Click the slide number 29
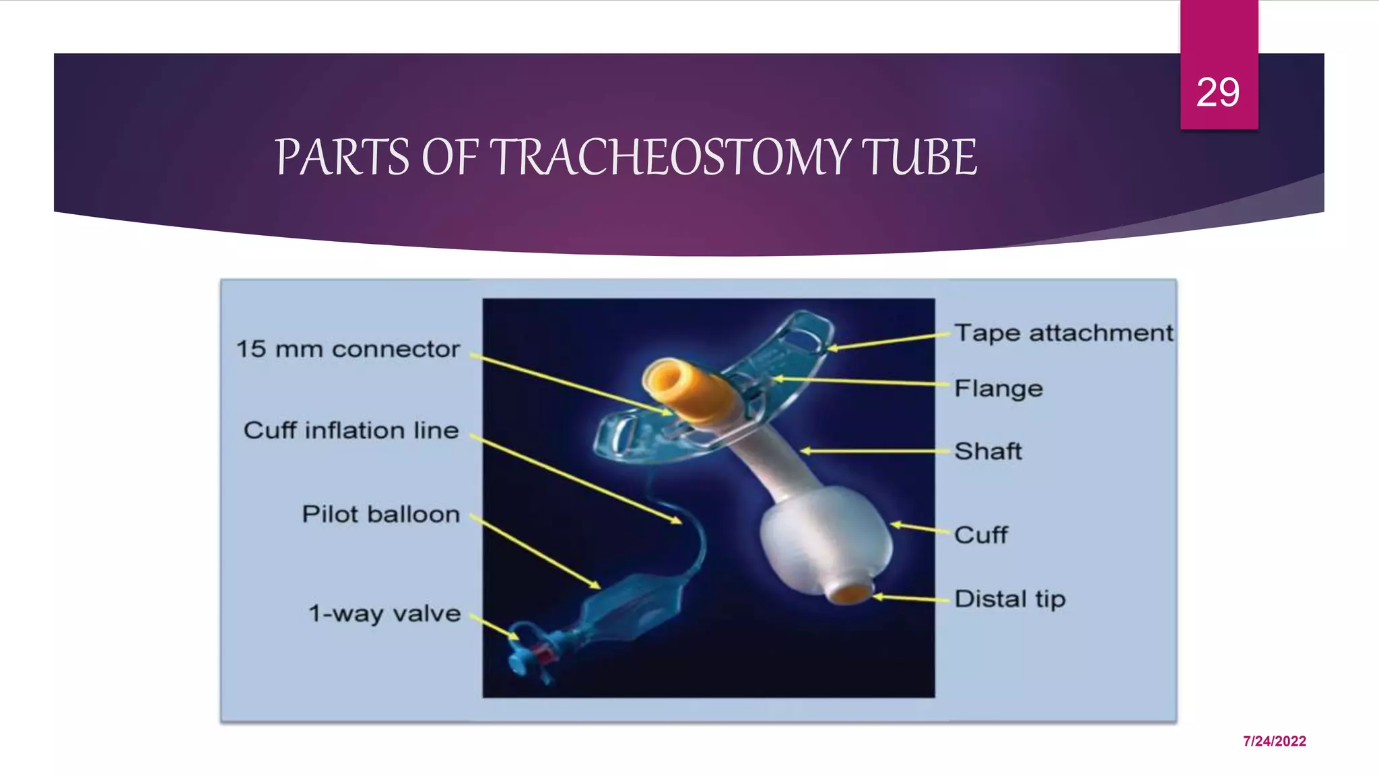click(x=1217, y=92)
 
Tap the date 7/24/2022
click(x=1274, y=741)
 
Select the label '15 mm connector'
click(x=347, y=349)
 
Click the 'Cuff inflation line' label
click(x=351, y=430)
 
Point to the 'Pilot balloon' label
click(x=380, y=515)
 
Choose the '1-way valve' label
click(x=384, y=614)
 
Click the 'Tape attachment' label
click(x=1063, y=333)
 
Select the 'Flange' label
click(x=998, y=389)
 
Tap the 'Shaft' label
click(x=988, y=451)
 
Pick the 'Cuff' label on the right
click(x=980, y=535)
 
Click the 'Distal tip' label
click(x=1009, y=599)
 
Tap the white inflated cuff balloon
click(x=825, y=539)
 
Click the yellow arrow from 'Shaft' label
click(x=875, y=451)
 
